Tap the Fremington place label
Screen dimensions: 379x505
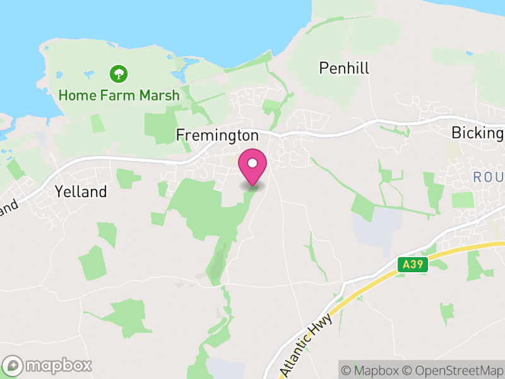point(217,135)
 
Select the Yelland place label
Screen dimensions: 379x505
point(81,191)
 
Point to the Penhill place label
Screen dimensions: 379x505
point(344,68)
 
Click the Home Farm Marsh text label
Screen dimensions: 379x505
point(119,95)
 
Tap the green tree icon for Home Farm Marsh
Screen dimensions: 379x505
point(118,75)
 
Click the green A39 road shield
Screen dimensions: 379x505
point(413,265)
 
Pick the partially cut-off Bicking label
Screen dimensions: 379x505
point(477,133)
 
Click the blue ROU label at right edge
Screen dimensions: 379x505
point(489,177)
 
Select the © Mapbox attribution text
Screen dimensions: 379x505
point(372,370)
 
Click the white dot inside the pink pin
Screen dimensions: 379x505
point(252,163)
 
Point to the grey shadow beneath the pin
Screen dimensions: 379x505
point(252,186)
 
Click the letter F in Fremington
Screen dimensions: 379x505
point(180,135)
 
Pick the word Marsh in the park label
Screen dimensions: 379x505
point(160,95)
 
